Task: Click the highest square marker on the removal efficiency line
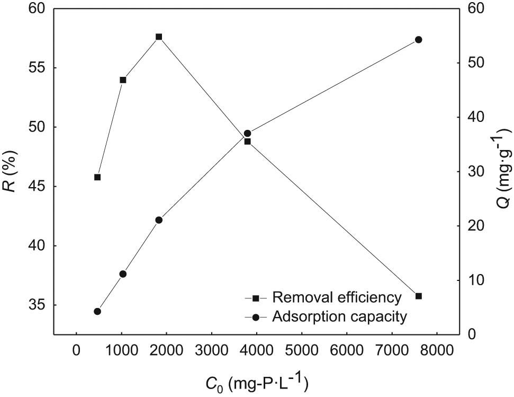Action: click(159, 37)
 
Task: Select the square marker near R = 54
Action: click(123, 80)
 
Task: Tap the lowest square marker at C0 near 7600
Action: click(418, 296)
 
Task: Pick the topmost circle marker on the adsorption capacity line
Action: click(418, 40)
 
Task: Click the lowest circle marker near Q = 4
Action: click(97, 312)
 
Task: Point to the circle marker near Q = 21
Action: click(159, 220)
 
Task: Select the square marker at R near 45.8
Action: click(97, 177)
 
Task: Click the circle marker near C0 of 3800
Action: click(247, 134)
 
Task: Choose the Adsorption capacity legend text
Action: click(339, 316)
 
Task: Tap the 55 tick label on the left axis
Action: click(38, 68)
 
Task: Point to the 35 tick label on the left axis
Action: click(38, 306)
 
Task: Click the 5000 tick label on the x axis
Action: click(302, 350)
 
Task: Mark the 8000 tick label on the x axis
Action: click(437, 350)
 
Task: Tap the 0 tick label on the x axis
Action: click(77, 350)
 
